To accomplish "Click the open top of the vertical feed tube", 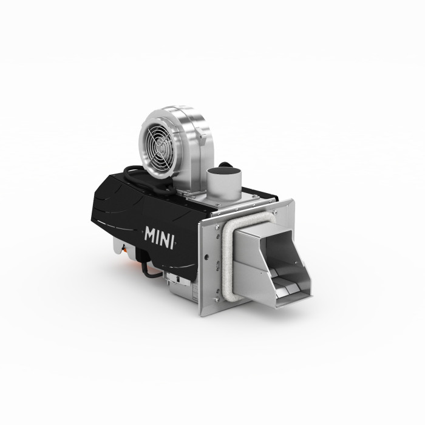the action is click(x=224, y=171).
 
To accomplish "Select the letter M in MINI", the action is click(x=150, y=234).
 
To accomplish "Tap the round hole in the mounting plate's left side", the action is click(x=206, y=256).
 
